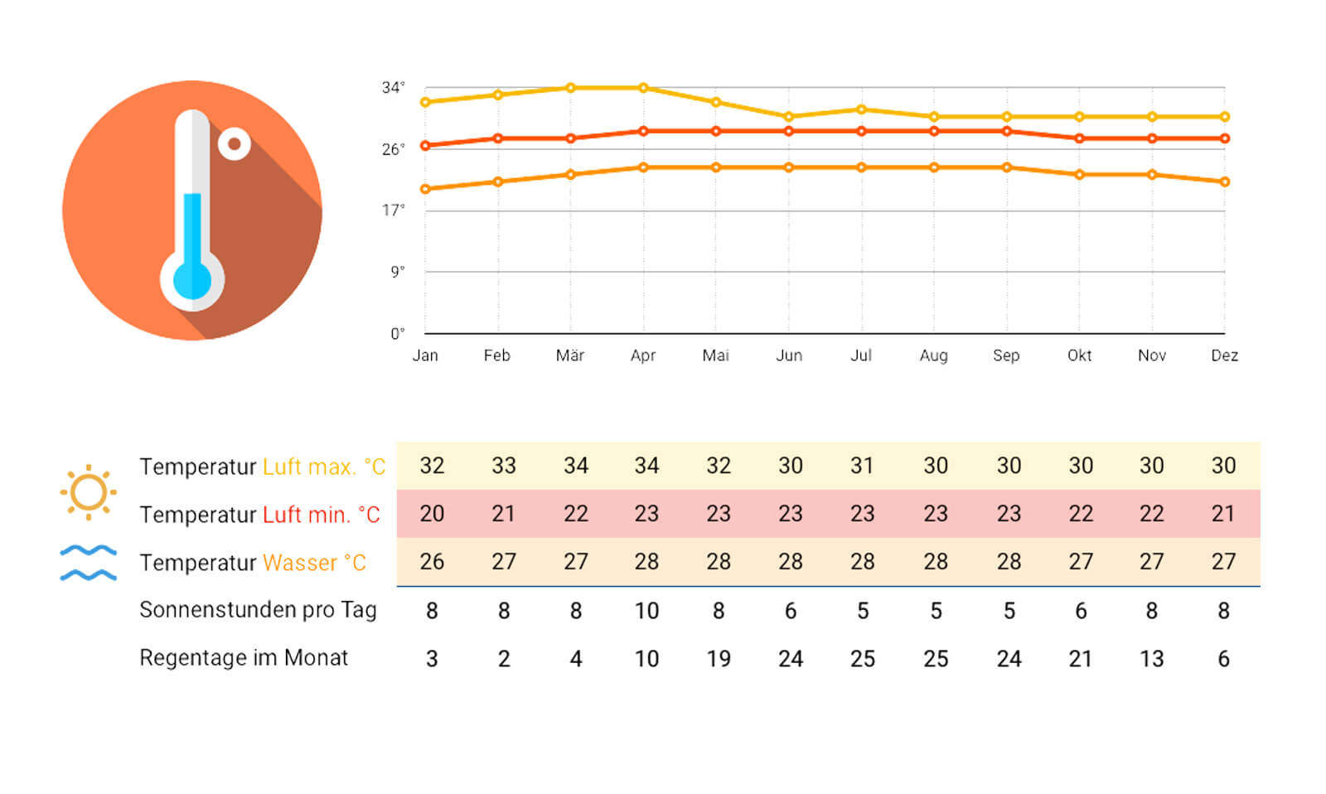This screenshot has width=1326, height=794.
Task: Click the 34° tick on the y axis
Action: click(393, 88)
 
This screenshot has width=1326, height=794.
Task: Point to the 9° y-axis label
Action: click(398, 272)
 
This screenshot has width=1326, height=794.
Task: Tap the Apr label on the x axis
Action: click(643, 356)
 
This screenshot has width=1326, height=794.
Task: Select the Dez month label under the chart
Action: click(1224, 356)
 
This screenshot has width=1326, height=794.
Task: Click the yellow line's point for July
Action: click(861, 109)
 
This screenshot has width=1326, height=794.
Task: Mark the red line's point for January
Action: click(425, 146)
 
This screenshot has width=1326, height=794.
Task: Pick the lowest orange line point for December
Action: click(1225, 182)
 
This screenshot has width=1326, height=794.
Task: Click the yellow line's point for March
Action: click(571, 88)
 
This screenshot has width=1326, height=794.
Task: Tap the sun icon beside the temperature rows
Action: click(88, 492)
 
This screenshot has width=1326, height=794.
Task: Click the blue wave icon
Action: click(88, 563)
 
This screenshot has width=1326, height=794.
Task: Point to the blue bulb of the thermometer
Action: click(191, 281)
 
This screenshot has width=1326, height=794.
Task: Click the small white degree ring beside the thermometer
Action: click(235, 144)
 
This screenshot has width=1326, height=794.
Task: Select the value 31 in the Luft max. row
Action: click(862, 466)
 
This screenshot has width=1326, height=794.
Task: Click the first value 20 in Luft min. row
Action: click(432, 514)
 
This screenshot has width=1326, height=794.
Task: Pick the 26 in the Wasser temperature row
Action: click(432, 562)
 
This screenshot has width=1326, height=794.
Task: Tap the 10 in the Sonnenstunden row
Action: click(646, 611)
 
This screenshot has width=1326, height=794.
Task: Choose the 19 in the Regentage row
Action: click(719, 659)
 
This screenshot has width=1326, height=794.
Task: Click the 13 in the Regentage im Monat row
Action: click(1152, 659)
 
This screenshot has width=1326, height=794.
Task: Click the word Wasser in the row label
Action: click(299, 563)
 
